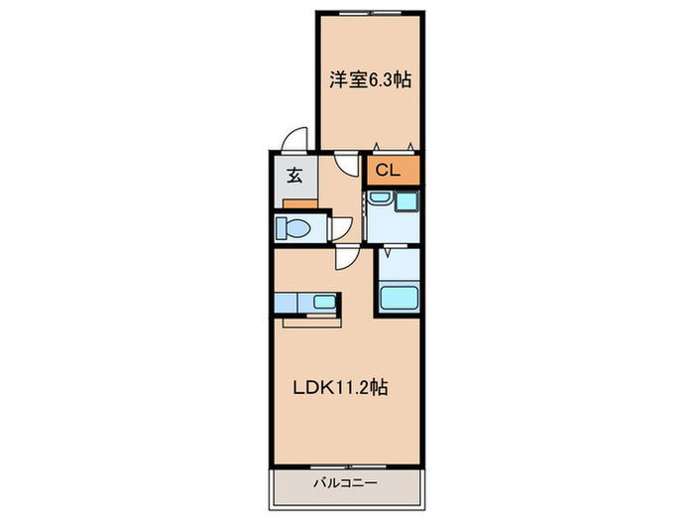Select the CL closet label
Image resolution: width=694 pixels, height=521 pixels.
(388, 170)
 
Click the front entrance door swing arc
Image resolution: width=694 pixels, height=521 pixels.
(292, 140)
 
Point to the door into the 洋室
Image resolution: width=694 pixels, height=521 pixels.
(346, 164)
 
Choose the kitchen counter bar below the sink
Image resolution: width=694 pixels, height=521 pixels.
(312, 320)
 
